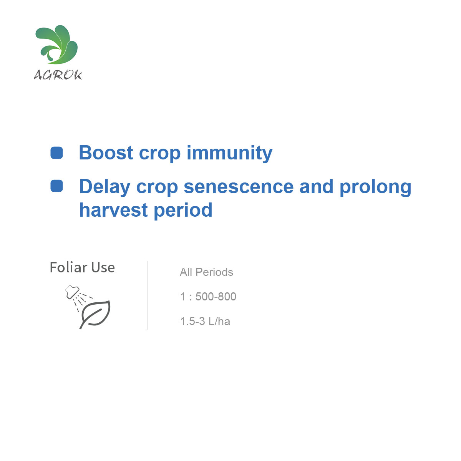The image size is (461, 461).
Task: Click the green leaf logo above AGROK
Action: pos(57,45)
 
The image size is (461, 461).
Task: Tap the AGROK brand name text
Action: pos(58,75)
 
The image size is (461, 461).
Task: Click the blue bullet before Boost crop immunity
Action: pos(57,153)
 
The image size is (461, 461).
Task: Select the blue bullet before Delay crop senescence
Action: pos(57,186)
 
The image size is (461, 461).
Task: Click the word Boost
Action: pos(106,153)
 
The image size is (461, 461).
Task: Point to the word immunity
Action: pos(229,153)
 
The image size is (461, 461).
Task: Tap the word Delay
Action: pos(105,187)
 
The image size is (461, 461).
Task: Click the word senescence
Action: pos(239,187)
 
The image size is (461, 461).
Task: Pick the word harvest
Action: pos(113,210)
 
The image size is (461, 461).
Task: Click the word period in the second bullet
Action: pos(183,211)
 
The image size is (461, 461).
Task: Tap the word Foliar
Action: pos(69,267)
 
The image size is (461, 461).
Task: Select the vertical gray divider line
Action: pos(147,295)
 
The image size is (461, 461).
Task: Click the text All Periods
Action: pos(206,272)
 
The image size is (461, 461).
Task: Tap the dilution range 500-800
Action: pos(216,297)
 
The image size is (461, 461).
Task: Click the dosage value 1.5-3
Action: pos(192,321)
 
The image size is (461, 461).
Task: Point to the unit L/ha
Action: pos(219,321)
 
